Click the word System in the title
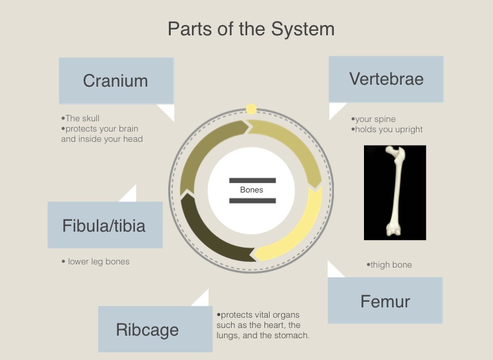[302, 29]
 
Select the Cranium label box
[116, 81]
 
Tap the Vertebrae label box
[386, 79]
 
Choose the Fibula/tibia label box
[104, 225]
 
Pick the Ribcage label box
[148, 329]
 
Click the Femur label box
[385, 300]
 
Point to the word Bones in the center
[252, 190]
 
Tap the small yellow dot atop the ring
[251, 109]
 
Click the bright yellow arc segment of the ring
[302, 225]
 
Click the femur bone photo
[395, 193]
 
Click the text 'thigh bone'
[390, 265]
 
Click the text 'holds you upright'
[388, 130]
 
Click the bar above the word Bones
[252, 180]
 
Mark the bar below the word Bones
[252, 201]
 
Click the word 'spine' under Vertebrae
[385, 119]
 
